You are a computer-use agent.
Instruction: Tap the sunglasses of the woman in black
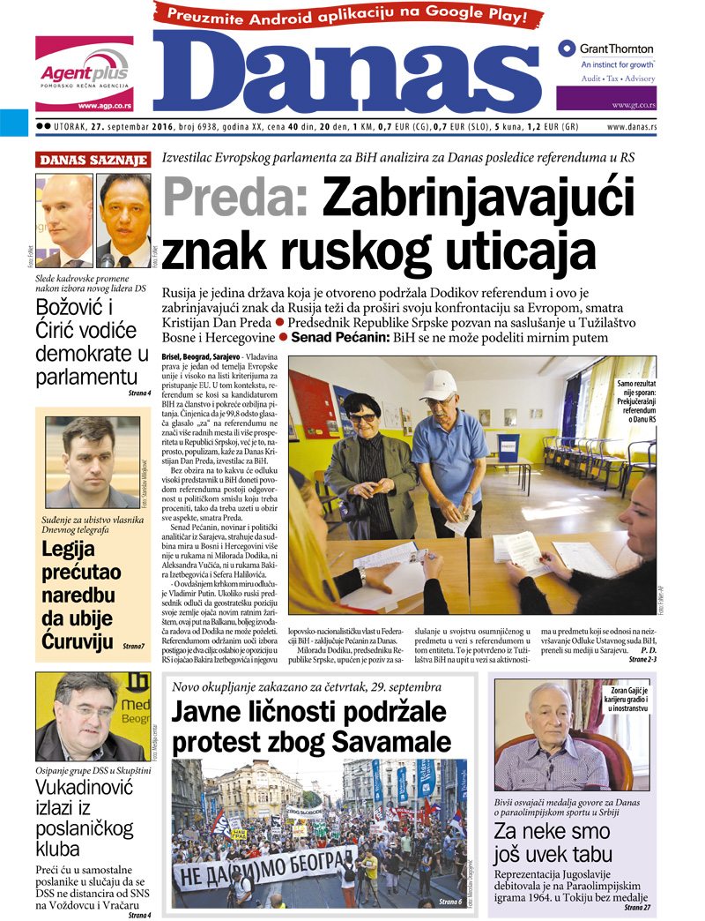point(364,417)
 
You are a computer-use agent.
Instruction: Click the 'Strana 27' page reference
point(637,907)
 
